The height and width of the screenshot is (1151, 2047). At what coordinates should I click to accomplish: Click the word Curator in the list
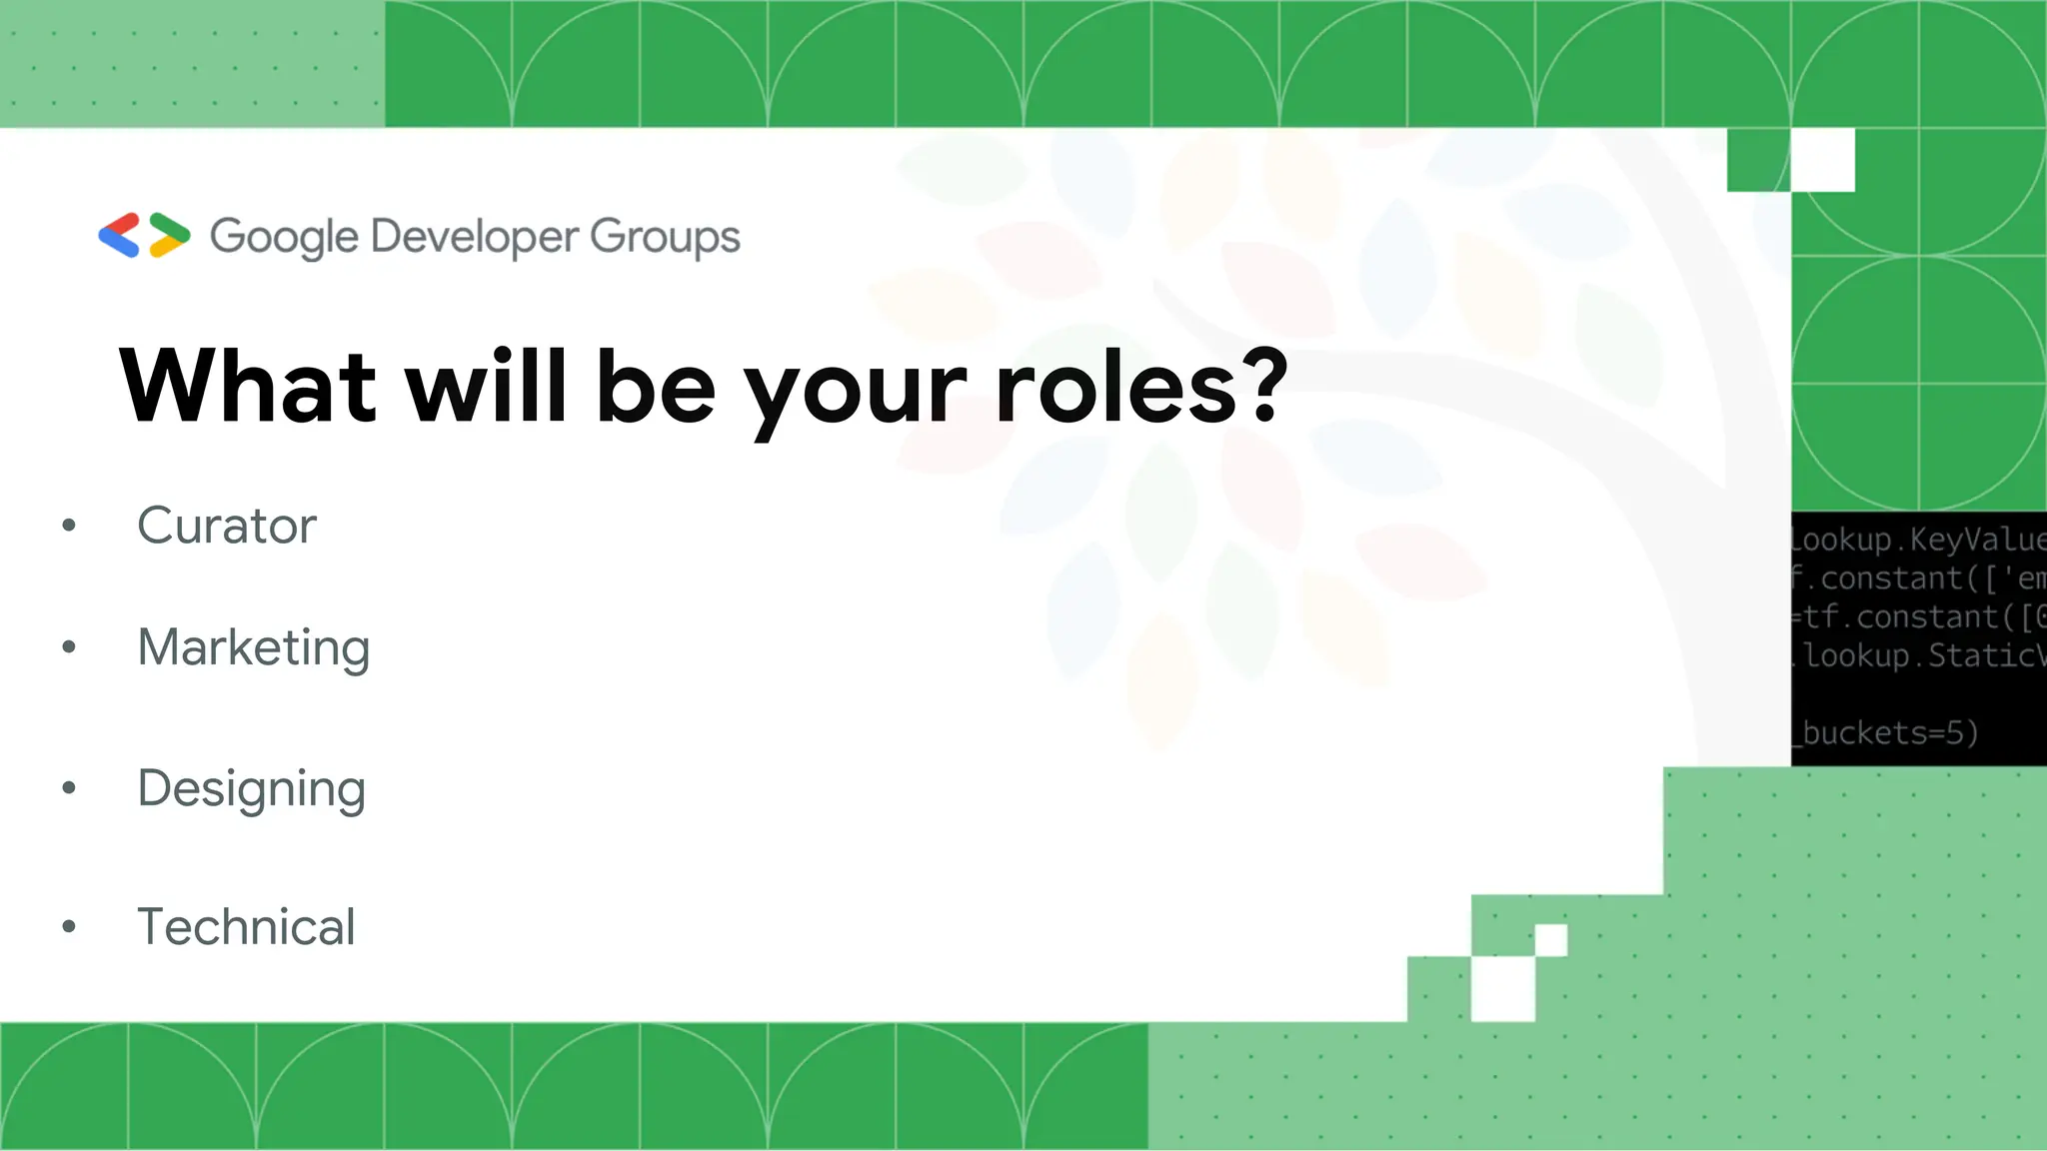click(227, 526)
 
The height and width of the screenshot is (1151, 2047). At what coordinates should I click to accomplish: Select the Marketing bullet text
click(254, 647)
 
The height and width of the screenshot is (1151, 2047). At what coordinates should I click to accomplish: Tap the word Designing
click(252, 789)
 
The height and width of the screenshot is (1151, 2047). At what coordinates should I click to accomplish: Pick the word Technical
click(246, 927)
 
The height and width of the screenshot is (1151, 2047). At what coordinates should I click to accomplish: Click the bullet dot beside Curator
click(69, 526)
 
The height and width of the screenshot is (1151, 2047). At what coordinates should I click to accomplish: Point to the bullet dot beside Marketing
click(69, 647)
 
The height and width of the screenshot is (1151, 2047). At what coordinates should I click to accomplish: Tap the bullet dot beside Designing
click(69, 788)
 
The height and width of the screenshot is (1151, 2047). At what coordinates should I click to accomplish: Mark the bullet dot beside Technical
click(69, 927)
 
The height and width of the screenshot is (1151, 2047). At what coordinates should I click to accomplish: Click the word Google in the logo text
click(284, 238)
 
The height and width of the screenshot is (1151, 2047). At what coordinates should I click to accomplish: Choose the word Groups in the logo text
click(665, 238)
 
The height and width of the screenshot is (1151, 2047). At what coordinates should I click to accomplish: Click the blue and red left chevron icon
click(119, 236)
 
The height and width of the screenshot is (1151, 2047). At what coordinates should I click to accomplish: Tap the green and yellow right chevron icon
click(169, 236)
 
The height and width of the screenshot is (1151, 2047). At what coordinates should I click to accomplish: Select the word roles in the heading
click(1117, 387)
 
